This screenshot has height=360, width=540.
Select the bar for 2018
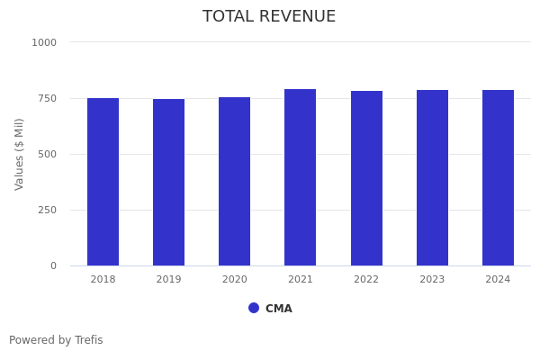pyautogui.click(x=103, y=182)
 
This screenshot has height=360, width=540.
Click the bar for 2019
pyautogui.click(x=168, y=183)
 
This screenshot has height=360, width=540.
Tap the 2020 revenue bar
pyautogui.click(x=234, y=182)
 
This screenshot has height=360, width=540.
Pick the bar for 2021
pyautogui.click(x=300, y=177)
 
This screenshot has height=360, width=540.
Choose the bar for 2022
pyautogui.click(x=366, y=178)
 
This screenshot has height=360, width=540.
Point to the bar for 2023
pyautogui.click(x=432, y=178)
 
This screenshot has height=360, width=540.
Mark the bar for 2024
pyautogui.click(x=498, y=178)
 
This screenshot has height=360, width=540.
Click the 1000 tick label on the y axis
pyautogui.click(x=44, y=42)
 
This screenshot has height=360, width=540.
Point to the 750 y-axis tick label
pyautogui.click(x=47, y=98)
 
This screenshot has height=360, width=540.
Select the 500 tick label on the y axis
pyautogui.click(x=47, y=154)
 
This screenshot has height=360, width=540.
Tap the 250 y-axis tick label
pyautogui.click(x=47, y=210)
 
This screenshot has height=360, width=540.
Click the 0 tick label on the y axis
pyautogui.click(x=53, y=265)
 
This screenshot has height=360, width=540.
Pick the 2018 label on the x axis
pyautogui.click(x=103, y=280)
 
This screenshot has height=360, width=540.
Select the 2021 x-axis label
pyautogui.click(x=300, y=280)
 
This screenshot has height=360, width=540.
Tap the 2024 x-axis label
pyautogui.click(x=498, y=280)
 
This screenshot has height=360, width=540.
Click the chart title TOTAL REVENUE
pyautogui.click(x=269, y=17)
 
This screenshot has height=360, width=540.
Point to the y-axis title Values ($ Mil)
pyautogui.click(x=20, y=154)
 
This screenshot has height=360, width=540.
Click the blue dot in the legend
pyautogui.click(x=254, y=308)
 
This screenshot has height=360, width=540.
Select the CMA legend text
pyautogui.click(x=279, y=309)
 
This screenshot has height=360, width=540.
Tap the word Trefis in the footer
pyautogui.click(x=88, y=340)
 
